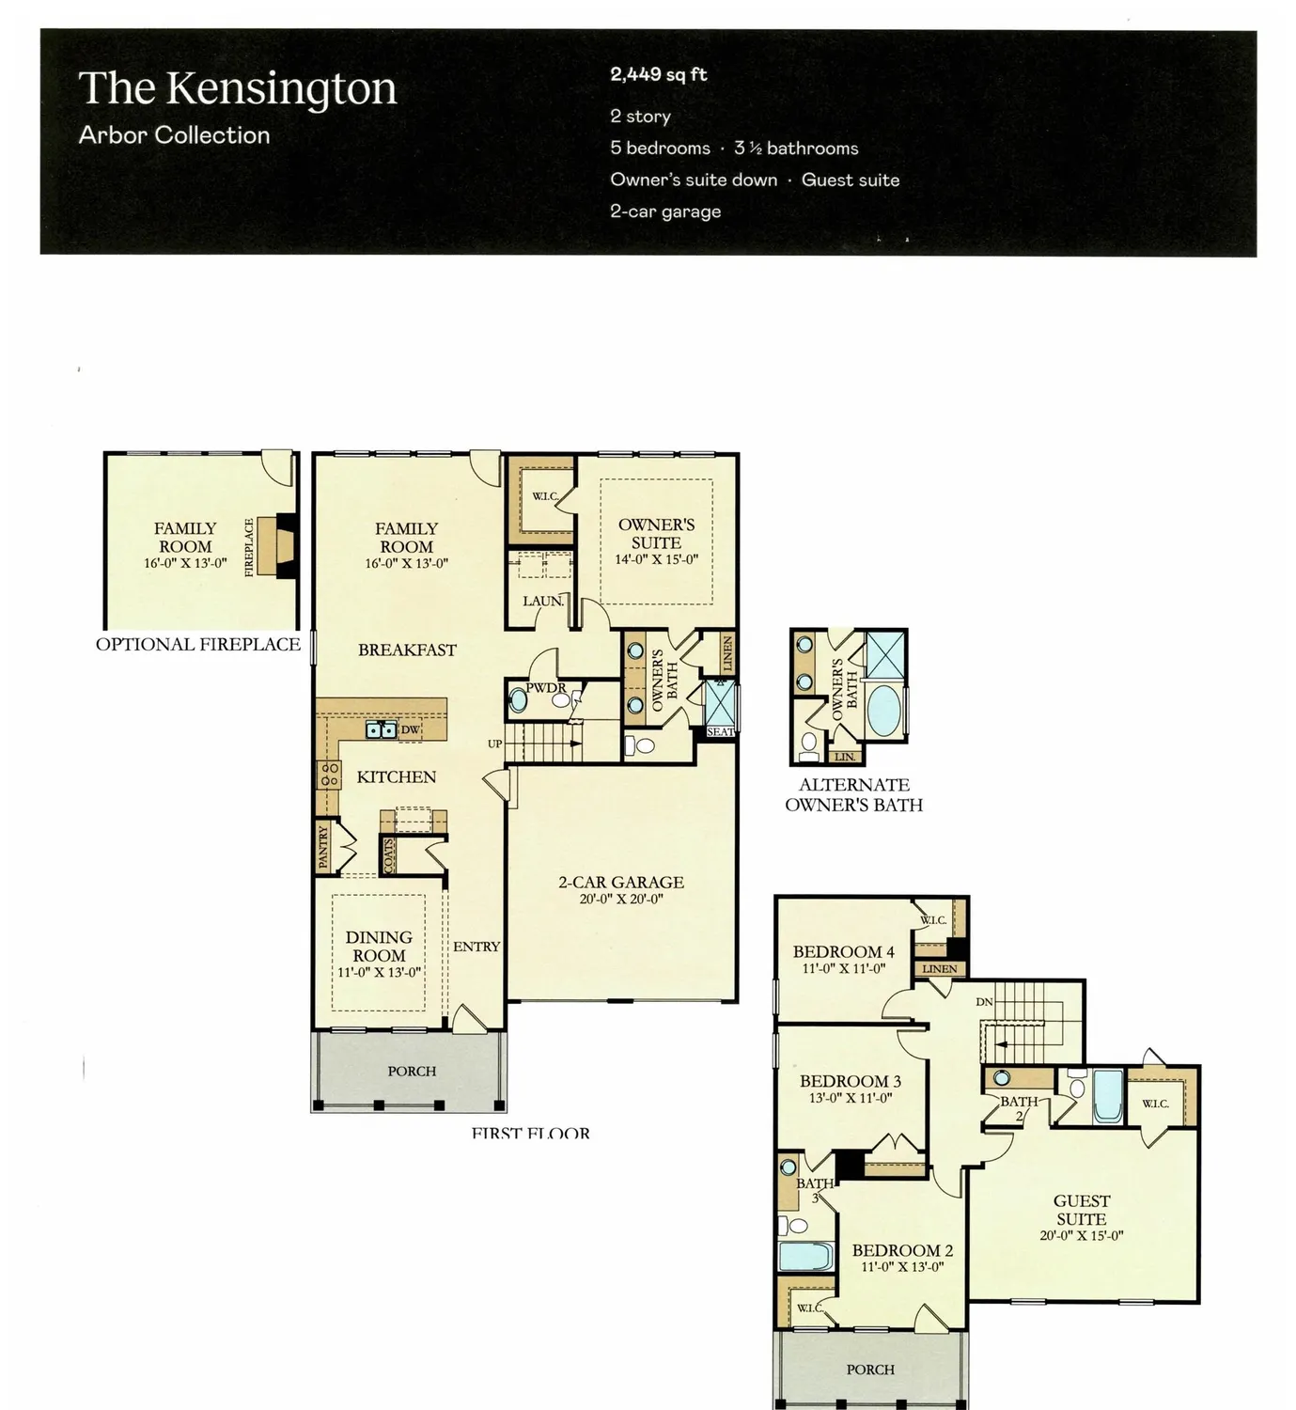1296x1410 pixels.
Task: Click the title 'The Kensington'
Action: [238, 88]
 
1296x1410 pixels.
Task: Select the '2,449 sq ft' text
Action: [658, 75]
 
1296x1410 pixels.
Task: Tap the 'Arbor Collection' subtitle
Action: [174, 135]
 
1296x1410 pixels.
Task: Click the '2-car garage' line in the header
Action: [665, 211]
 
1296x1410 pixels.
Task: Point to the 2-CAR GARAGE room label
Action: [621, 882]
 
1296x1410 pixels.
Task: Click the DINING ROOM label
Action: [379, 946]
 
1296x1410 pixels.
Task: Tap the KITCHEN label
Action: [396, 776]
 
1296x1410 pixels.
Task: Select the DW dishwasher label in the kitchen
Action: [410, 729]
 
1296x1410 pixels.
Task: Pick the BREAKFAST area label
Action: [407, 650]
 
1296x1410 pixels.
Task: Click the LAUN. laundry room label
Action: [543, 601]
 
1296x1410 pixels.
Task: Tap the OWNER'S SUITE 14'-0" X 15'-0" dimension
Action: [656, 559]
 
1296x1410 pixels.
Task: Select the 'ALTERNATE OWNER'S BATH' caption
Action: [853, 794]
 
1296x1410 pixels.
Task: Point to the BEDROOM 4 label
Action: [843, 951]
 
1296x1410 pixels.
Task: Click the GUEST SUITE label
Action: [1082, 1210]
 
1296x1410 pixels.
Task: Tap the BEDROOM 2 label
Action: [902, 1250]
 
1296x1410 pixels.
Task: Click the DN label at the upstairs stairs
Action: [984, 1002]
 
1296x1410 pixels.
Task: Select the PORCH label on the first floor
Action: [412, 1071]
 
